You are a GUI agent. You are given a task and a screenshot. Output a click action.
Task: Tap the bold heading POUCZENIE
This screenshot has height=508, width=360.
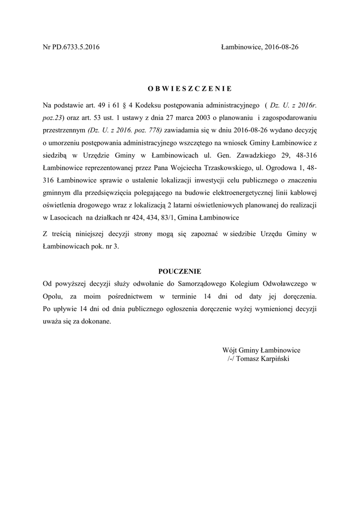point(179,271)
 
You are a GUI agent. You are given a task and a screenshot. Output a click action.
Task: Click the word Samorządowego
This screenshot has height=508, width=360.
point(200,284)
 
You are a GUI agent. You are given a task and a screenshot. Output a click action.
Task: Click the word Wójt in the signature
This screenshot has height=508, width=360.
point(231,350)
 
